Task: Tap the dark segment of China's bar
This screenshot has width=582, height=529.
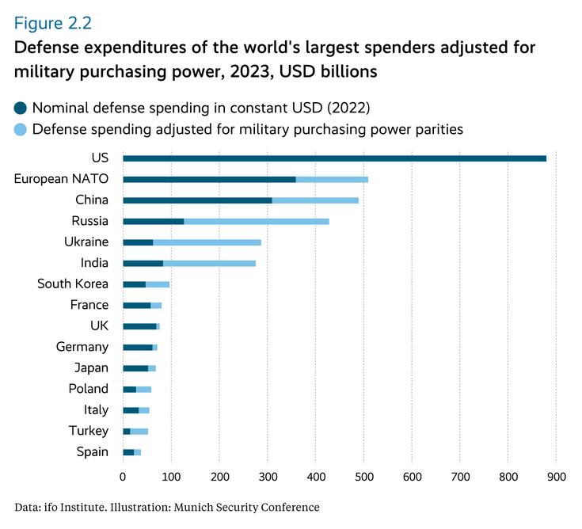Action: (197, 200)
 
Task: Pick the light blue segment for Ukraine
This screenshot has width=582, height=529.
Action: (207, 242)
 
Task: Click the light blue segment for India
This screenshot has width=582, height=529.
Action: (209, 263)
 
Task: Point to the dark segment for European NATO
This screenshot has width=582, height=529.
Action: (209, 179)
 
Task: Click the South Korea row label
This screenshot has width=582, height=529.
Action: (73, 284)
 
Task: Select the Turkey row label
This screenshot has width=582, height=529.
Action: (89, 431)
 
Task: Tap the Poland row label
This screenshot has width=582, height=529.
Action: (89, 389)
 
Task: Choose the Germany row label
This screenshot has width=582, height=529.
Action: (82, 347)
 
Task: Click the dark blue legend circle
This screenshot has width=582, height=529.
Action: (21, 107)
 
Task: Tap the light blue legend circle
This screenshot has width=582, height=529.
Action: (21, 128)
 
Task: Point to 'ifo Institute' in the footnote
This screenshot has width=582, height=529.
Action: (71, 507)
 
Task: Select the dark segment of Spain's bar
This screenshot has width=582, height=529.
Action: (128, 452)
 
